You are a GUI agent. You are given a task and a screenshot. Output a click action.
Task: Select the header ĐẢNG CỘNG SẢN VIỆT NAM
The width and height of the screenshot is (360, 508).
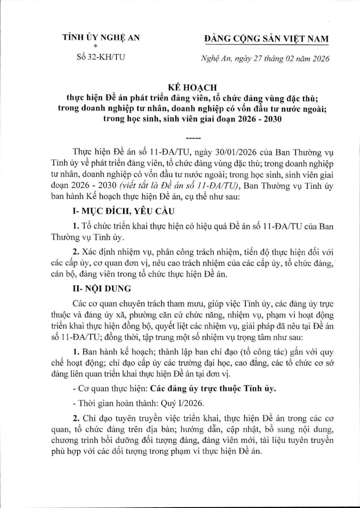coord(266,39)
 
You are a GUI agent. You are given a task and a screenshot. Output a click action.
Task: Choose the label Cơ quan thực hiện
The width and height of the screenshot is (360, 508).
coord(105,388)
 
